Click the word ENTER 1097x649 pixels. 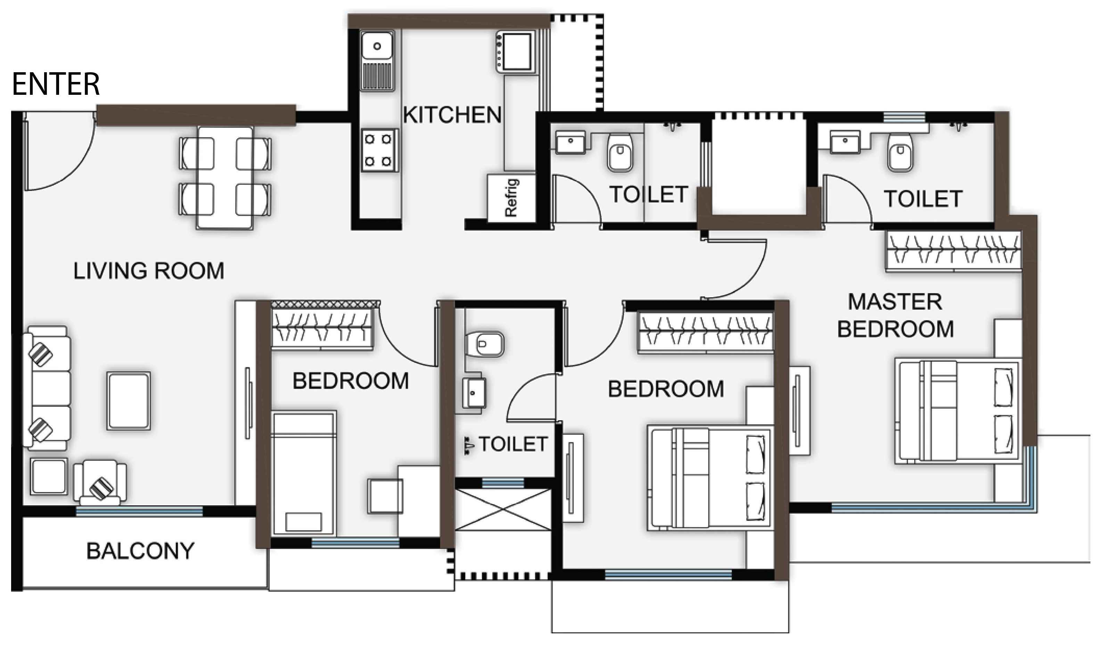pyautogui.click(x=56, y=84)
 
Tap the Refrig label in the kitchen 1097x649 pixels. pyautogui.click(x=511, y=198)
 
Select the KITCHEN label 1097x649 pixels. pyautogui.click(x=452, y=115)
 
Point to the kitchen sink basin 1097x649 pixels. pyautogui.click(x=377, y=46)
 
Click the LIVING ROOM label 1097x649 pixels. pyautogui.click(x=149, y=271)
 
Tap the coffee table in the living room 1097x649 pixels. pyautogui.click(x=129, y=401)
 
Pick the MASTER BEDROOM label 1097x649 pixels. pyautogui.click(x=895, y=315)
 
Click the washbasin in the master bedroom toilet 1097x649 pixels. pyautogui.click(x=845, y=141)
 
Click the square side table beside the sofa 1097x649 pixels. pyautogui.click(x=49, y=476)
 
